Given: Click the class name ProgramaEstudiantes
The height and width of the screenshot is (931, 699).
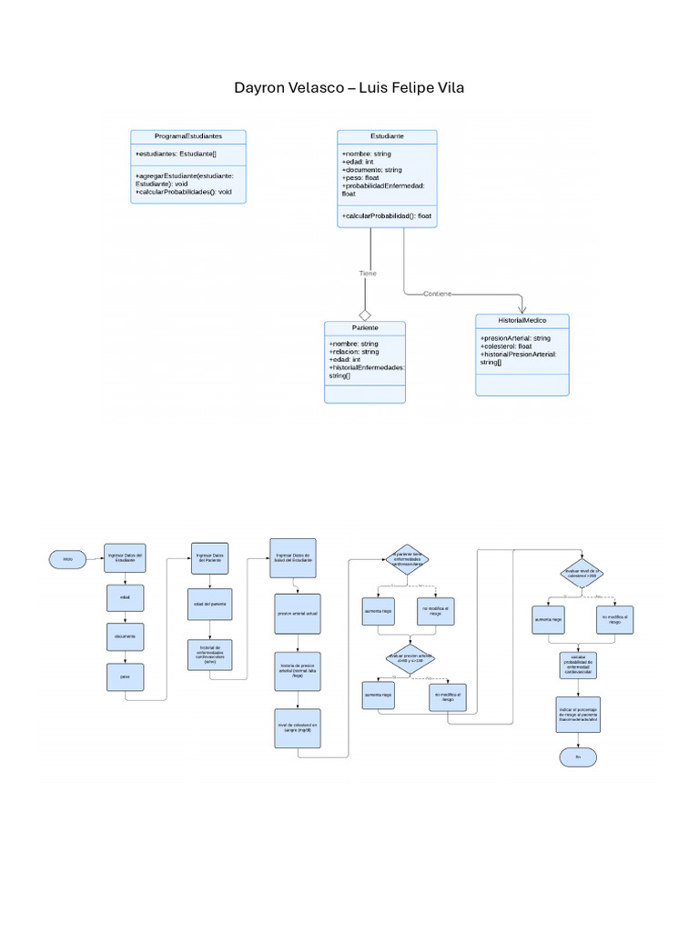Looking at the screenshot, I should pyautogui.click(x=188, y=135).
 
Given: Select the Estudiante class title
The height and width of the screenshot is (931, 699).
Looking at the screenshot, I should pyautogui.click(x=387, y=135).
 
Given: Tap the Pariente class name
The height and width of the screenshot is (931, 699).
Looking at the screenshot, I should pyautogui.click(x=365, y=327).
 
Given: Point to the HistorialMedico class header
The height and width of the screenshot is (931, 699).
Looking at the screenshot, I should pyautogui.click(x=522, y=321).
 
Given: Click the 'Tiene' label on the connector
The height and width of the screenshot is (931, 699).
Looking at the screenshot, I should pyautogui.click(x=368, y=273).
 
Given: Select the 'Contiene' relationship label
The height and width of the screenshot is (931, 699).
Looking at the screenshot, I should pyautogui.click(x=438, y=294).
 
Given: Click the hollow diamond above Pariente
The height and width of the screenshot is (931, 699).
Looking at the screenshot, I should pyautogui.click(x=366, y=315).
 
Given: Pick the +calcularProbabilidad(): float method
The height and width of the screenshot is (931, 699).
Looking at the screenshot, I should pyautogui.click(x=387, y=215).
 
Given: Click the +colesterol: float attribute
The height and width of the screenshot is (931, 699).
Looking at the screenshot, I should pyautogui.click(x=506, y=346).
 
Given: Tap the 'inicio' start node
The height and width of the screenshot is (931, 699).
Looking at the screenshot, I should pyautogui.click(x=68, y=557).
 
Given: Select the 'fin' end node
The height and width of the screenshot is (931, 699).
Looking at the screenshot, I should pyautogui.click(x=576, y=756).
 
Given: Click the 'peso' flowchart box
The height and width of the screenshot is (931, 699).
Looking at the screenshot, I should pyautogui.click(x=125, y=677).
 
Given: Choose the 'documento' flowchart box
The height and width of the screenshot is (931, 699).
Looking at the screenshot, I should pyautogui.click(x=125, y=636).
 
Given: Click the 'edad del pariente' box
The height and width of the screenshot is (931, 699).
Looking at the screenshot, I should pyautogui.click(x=210, y=604).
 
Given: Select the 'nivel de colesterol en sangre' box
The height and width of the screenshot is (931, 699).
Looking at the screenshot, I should pyautogui.click(x=298, y=727).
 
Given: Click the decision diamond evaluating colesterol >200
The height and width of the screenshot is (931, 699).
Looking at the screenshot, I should pyautogui.click(x=581, y=575).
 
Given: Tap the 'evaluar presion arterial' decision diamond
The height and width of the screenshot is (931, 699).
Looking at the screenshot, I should pyautogui.click(x=411, y=657).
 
